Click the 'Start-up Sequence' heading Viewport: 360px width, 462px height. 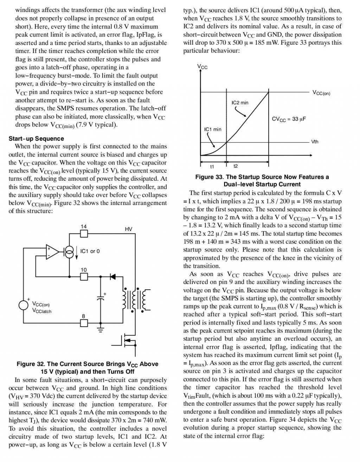[36, 139]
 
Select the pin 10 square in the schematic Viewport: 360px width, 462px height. [84, 276]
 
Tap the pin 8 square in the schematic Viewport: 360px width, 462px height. [84, 322]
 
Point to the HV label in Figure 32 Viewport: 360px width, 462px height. [128, 229]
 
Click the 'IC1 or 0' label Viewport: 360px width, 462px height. [90, 251]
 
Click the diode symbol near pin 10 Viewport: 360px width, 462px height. [112, 276]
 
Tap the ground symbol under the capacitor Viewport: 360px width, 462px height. [101, 329]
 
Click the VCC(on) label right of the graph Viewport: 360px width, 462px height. [321, 93]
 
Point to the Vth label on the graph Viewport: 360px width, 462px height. [315, 142]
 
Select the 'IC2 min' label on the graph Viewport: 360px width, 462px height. [240, 103]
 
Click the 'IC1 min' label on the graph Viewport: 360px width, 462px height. [213, 129]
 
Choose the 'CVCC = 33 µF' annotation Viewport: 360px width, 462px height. [289, 119]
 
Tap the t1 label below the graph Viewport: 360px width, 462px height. [212, 166]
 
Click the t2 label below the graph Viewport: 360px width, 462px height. [236, 166]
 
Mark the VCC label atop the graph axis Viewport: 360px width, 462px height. [202, 67]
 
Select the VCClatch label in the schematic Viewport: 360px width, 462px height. [41, 311]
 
